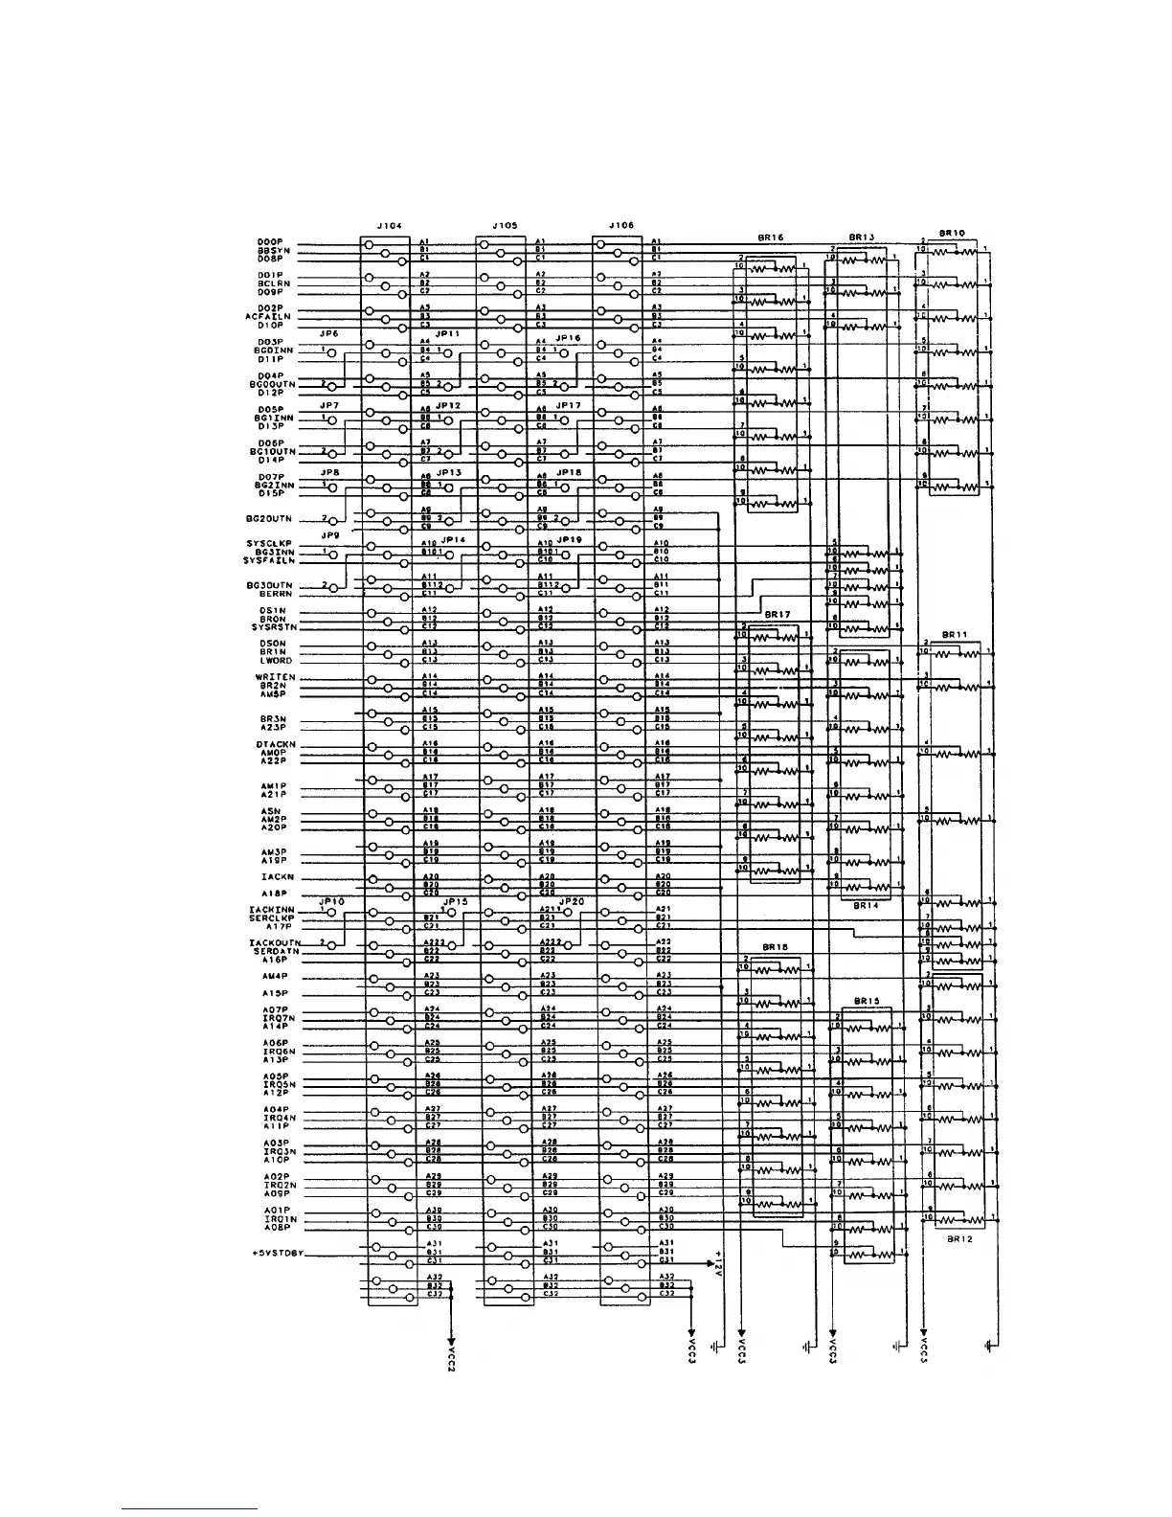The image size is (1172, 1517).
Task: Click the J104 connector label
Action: point(389,225)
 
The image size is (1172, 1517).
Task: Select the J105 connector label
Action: point(505,225)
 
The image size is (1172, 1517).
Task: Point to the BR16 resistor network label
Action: point(770,237)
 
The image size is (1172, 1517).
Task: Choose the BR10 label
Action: point(952,232)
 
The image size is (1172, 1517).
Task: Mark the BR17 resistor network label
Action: point(777,614)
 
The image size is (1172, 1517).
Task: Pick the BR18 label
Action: point(775,946)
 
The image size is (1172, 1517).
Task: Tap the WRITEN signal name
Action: point(276,677)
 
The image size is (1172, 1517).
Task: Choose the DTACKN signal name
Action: point(276,744)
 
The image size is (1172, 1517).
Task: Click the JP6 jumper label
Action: point(329,333)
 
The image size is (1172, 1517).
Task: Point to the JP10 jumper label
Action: point(331,901)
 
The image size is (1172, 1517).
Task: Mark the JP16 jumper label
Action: point(568,338)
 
